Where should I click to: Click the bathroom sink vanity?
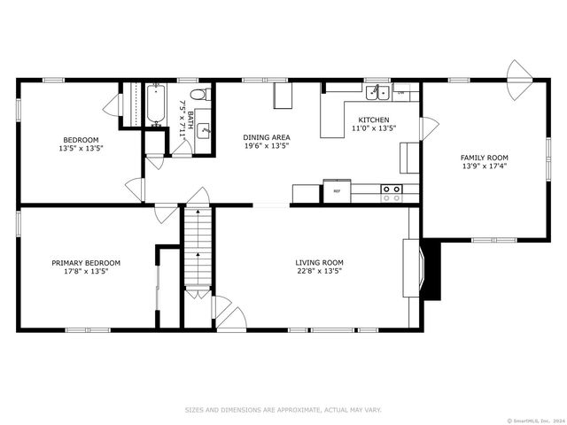coord(204,130)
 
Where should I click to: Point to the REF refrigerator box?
coord(337,191)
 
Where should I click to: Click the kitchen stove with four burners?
coord(392,193)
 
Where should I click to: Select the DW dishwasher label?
coord(400,92)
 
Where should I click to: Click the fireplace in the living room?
coord(424,268)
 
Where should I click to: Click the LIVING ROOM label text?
coord(319,262)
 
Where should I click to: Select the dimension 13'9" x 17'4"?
coord(485,166)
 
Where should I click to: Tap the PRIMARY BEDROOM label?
coord(86,262)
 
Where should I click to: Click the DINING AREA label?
coord(267,137)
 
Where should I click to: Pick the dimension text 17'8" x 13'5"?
coord(86,271)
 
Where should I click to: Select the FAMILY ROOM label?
coord(485,157)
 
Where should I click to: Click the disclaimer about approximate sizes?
coord(283,409)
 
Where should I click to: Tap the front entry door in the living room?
coord(229,314)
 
